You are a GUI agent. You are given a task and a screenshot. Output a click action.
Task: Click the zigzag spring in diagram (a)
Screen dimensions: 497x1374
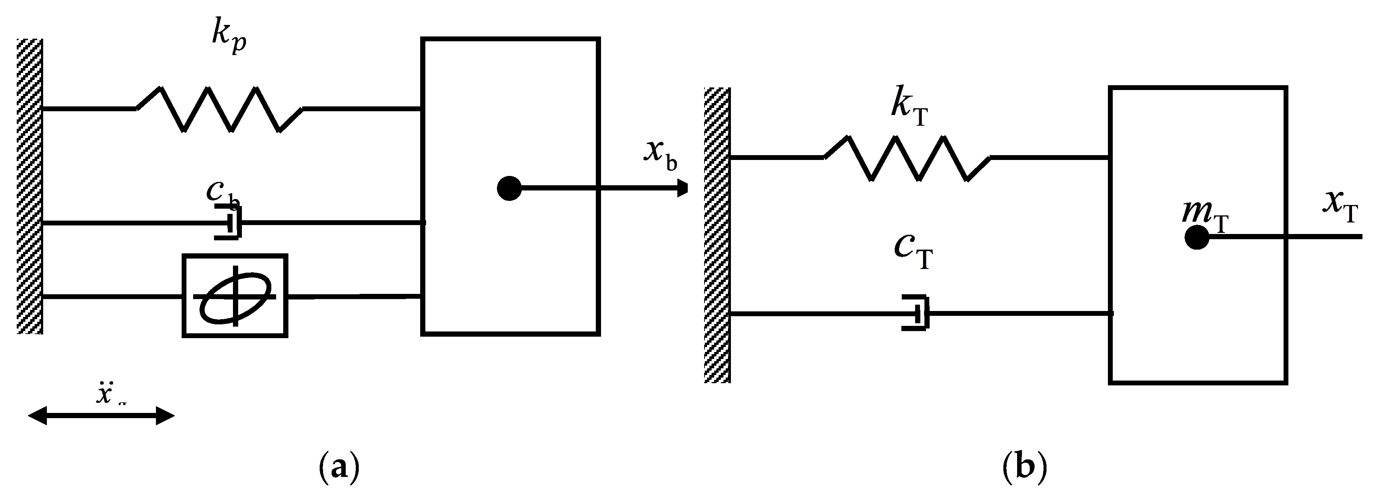pyautogui.click(x=220, y=109)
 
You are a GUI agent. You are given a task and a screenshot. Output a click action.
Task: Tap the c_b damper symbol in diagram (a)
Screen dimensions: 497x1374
pyautogui.click(x=229, y=222)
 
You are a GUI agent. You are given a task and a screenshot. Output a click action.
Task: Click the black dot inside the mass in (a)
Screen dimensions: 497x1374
pyautogui.click(x=509, y=188)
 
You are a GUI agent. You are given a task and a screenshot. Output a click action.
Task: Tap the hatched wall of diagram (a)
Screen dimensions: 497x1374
pyautogui.click(x=29, y=187)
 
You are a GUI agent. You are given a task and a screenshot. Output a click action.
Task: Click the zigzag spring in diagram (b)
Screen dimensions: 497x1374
pyautogui.click(x=907, y=158)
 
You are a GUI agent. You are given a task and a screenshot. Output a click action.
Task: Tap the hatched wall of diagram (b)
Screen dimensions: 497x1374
pyautogui.click(x=717, y=235)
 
